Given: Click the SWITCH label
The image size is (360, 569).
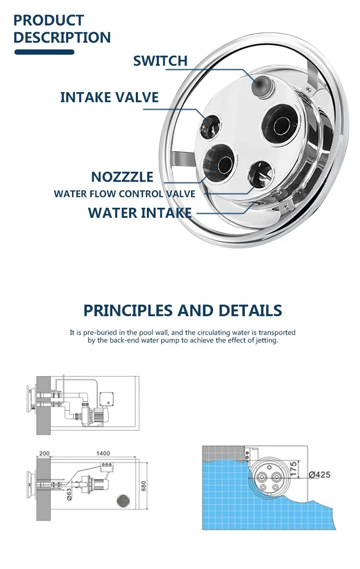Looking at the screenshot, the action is [x=160, y=61].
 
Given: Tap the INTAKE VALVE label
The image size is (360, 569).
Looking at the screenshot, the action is [x=109, y=97].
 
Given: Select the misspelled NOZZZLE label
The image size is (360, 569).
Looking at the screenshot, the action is [x=122, y=177].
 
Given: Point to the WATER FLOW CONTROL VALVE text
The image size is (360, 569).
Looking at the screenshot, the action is [x=124, y=194].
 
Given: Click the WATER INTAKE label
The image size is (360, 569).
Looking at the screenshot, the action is [x=140, y=213].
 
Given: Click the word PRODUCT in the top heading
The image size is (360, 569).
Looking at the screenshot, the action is [x=48, y=20].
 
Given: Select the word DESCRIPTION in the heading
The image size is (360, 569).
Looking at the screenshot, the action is [x=62, y=37].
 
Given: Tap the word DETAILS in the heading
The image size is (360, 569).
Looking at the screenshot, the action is [x=250, y=310].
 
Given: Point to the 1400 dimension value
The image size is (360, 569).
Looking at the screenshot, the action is [x=102, y=453].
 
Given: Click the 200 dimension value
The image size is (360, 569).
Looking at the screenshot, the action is [x=44, y=453].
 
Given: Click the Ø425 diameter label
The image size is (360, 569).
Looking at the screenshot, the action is [x=319, y=475].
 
